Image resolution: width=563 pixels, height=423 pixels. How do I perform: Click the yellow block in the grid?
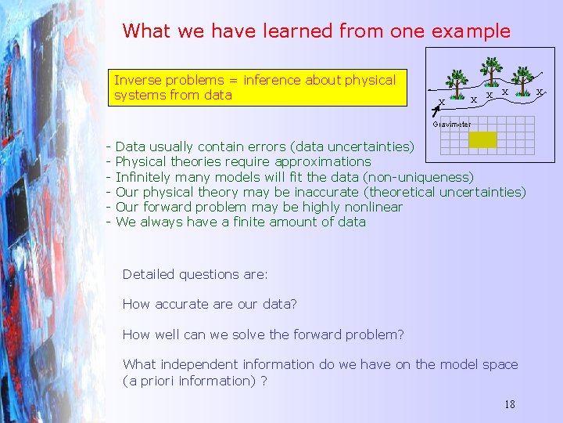pos(482,139)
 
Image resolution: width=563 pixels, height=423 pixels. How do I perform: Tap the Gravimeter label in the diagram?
pos(452,124)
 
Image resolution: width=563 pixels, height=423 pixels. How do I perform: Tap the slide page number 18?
pos(509,404)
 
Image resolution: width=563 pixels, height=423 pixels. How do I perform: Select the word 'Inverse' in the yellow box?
pos(138,80)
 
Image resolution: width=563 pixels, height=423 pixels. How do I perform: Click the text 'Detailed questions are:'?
pos(195,274)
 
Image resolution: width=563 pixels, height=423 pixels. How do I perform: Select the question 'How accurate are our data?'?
pos(210,304)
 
